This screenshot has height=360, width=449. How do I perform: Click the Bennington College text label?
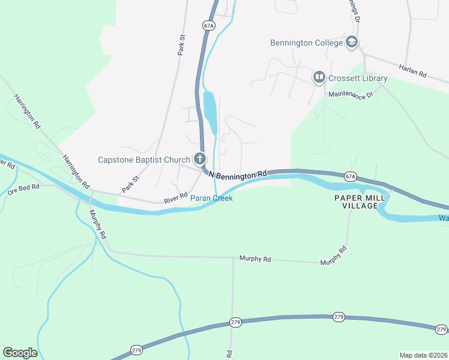[306, 43]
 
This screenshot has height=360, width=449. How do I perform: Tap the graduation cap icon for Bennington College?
[352, 42]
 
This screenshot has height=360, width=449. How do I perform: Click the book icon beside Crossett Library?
[318, 77]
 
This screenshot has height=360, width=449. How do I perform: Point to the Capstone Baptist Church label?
[143, 160]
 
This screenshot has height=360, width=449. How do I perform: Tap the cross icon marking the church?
[200, 160]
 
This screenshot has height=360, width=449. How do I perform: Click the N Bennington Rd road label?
[237, 173]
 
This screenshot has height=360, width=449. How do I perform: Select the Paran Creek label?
[211, 198]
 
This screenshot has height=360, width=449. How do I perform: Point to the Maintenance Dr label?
[351, 95]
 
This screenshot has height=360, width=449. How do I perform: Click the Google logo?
[20, 353]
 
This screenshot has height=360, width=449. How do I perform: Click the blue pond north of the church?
[211, 113]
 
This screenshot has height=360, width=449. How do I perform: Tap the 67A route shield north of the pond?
[208, 25]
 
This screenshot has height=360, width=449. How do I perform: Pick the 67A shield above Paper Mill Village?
[351, 176]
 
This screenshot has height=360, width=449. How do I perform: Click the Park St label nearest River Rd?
[130, 184]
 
